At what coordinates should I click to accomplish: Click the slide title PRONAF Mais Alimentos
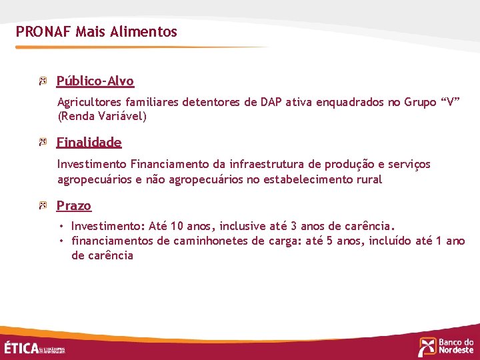click(97, 31)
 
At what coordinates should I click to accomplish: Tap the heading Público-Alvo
click(95, 81)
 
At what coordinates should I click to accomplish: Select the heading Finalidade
click(89, 142)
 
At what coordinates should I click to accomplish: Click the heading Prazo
click(73, 205)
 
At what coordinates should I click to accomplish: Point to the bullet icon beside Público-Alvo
click(43, 81)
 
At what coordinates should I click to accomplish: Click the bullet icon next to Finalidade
click(43, 142)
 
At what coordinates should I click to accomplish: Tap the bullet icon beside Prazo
click(43, 205)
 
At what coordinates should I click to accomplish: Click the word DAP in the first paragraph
click(271, 102)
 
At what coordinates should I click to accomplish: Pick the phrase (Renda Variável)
click(102, 116)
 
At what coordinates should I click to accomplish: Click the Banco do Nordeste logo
click(446, 346)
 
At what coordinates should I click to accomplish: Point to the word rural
click(369, 179)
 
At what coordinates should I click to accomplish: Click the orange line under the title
click(140, 47)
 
